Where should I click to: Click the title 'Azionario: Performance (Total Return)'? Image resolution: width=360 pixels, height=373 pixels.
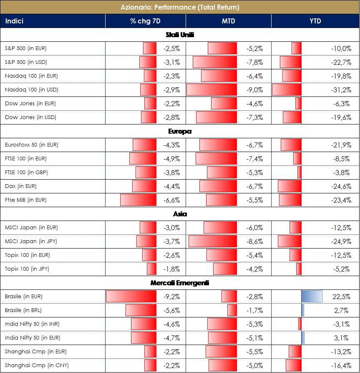(x=180, y=7)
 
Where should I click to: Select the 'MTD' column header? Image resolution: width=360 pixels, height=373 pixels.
(x=228, y=21)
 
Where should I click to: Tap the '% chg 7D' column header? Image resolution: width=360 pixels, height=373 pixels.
(x=145, y=21)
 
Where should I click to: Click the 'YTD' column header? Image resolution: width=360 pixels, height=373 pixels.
(x=315, y=21)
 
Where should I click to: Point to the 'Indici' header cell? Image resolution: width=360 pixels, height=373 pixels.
(x=15, y=21)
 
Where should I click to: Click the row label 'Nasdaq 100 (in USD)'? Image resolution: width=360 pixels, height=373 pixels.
(x=31, y=90)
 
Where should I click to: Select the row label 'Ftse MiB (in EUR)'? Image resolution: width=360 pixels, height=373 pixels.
(x=25, y=200)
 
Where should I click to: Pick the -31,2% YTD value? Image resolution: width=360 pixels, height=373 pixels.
(x=341, y=90)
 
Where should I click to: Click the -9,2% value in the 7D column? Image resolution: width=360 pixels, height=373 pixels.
(x=171, y=297)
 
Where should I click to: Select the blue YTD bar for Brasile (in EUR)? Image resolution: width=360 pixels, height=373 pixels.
(x=312, y=297)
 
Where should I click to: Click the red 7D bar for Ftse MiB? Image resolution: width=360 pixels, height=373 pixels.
(x=138, y=200)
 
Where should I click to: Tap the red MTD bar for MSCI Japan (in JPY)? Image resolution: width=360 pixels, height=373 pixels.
(x=213, y=241)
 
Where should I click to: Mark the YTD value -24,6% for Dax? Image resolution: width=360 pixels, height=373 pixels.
(x=341, y=186)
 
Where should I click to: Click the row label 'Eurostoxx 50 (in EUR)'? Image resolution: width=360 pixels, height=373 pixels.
(x=32, y=145)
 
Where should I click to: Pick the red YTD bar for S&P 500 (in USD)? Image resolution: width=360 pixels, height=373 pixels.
(x=291, y=62)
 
